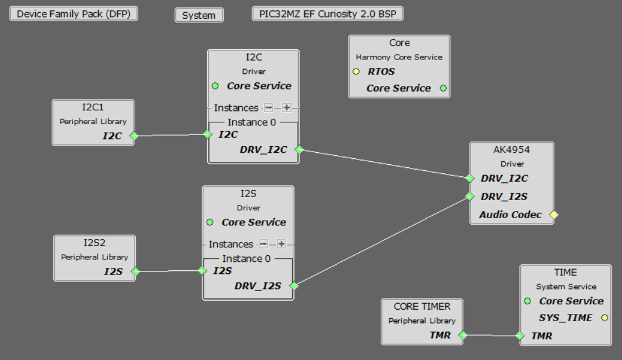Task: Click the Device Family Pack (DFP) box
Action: (73, 14)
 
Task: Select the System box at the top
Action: (199, 15)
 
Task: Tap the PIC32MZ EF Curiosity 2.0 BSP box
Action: (327, 14)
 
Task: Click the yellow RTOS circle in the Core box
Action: (356, 72)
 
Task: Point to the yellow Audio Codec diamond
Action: (553, 215)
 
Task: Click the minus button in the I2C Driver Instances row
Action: (269, 107)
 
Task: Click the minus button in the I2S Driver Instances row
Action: (263, 244)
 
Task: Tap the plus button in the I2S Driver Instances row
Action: (281, 244)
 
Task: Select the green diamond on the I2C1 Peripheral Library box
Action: (134, 136)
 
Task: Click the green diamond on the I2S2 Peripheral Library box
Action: (135, 272)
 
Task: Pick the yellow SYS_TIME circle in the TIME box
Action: (604, 318)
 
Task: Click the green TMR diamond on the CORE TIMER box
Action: (463, 335)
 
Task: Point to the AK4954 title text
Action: (511, 150)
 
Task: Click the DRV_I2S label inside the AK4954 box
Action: (504, 196)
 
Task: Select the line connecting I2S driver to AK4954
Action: (382, 241)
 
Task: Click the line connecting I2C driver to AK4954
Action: (384, 164)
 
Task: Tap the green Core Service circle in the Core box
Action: (443, 88)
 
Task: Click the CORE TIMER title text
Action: (422, 307)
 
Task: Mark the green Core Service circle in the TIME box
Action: (527, 301)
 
